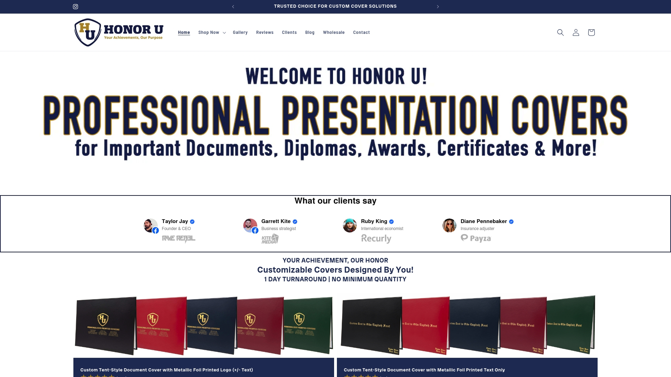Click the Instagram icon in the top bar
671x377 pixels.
(75, 7)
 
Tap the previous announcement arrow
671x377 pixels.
(233, 7)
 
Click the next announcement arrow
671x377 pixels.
(438, 7)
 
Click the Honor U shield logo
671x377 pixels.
(88, 32)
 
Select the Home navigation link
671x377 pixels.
(184, 32)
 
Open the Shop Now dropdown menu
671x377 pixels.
(212, 32)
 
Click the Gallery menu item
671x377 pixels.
(240, 32)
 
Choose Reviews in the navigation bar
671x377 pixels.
(265, 32)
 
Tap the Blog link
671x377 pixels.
(310, 32)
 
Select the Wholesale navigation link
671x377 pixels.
(334, 32)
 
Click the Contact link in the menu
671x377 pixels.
(361, 32)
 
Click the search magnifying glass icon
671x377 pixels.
(560, 32)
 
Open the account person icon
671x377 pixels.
(576, 32)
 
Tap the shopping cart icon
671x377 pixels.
(591, 32)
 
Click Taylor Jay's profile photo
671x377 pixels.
(151, 226)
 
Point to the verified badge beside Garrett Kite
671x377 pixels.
(295, 222)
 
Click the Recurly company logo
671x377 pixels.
(376, 238)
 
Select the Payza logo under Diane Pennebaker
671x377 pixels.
(476, 238)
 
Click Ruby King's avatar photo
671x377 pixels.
(350, 226)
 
